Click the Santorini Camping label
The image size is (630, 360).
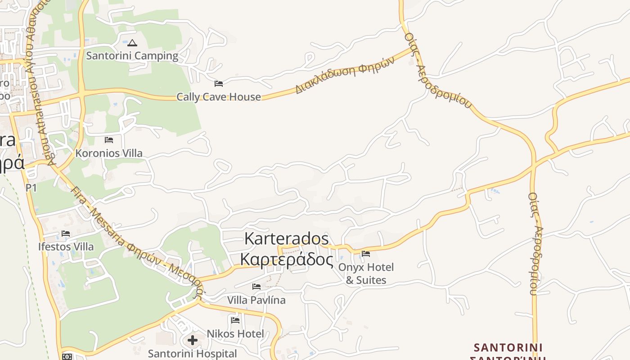click(x=132, y=56)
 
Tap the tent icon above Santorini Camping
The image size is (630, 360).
click(x=132, y=43)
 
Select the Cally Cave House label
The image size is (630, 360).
click(x=218, y=97)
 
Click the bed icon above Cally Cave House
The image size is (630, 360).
click(x=219, y=83)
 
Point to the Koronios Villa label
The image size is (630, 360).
click(x=109, y=153)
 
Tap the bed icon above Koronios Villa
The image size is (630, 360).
click(x=109, y=140)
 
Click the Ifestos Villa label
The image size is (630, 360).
click(x=66, y=247)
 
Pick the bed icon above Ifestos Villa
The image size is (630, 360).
click(x=66, y=234)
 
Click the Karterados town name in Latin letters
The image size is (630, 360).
click(x=287, y=238)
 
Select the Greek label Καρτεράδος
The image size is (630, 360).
click(x=287, y=260)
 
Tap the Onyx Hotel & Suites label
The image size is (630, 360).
click(x=366, y=274)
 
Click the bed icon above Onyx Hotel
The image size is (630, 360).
click(x=366, y=254)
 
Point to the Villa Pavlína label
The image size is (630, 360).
click(x=256, y=300)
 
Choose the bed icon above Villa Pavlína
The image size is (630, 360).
click(x=256, y=286)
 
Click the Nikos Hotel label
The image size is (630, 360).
click(x=235, y=334)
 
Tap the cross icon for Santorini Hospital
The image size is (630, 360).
click(x=193, y=340)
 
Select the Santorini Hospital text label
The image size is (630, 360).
click(x=192, y=354)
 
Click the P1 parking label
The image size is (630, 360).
click(x=31, y=188)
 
